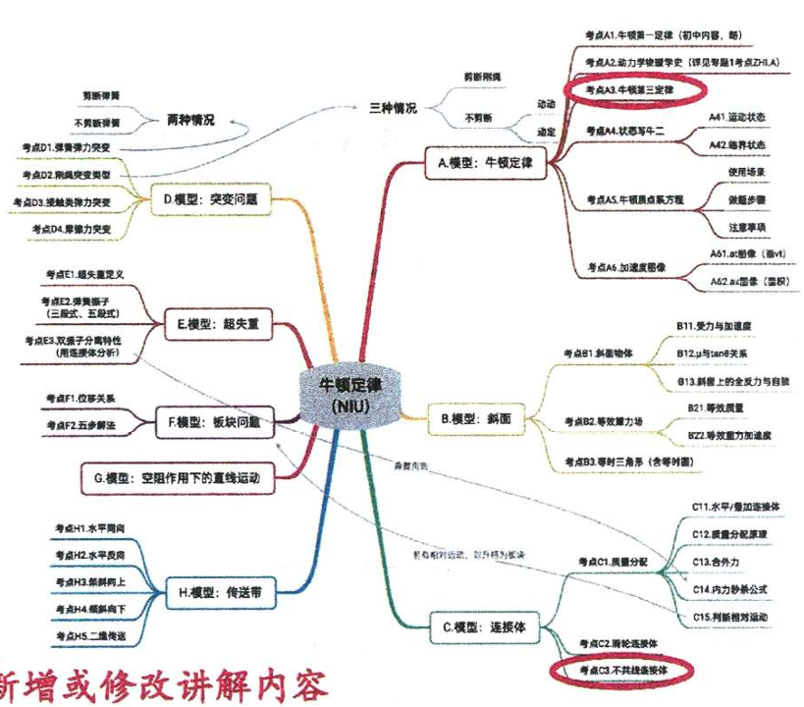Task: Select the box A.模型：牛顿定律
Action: click(485, 163)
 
